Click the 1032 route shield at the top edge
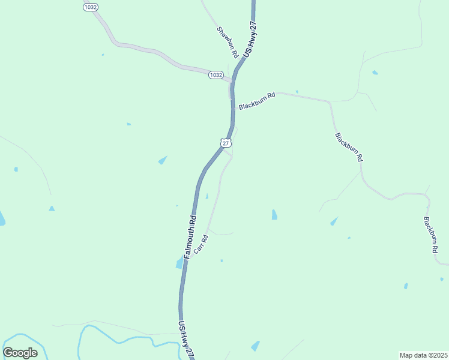click(91, 6)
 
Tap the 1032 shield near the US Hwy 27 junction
click(216, 75)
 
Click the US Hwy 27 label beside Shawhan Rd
click(250, 40)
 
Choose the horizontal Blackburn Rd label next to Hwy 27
click(256, 100)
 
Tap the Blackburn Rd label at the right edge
click(430, 235)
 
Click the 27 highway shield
click(225, 143)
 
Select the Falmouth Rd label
click(190, 236)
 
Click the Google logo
click(20, 353)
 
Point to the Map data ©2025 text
click(423, 355)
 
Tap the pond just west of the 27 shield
click(163, 160)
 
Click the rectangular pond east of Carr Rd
click(274, 214)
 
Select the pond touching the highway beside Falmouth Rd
click(179, 263)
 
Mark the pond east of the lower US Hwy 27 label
click(256, 346)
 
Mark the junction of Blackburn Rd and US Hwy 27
click(233, 109)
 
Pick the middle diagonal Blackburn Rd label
click(349, 147)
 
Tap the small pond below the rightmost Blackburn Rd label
click(406, 286)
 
